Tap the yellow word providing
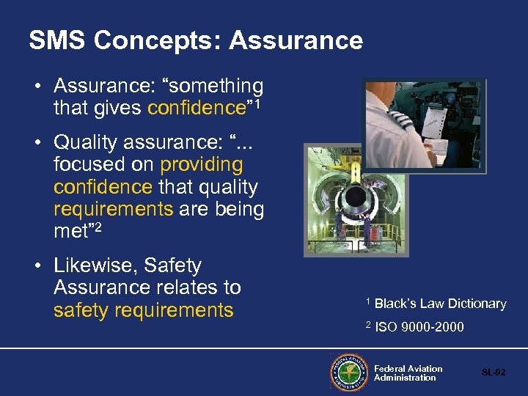(201, 164)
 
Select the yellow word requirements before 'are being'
(113, 209)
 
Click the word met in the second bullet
(70, 232)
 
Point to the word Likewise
(93, 265)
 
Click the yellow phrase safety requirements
(143, 310)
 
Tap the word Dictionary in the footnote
(472, 304)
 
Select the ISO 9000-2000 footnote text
(419, 327)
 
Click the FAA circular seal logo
(349, 373)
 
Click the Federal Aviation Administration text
(408, 373)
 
